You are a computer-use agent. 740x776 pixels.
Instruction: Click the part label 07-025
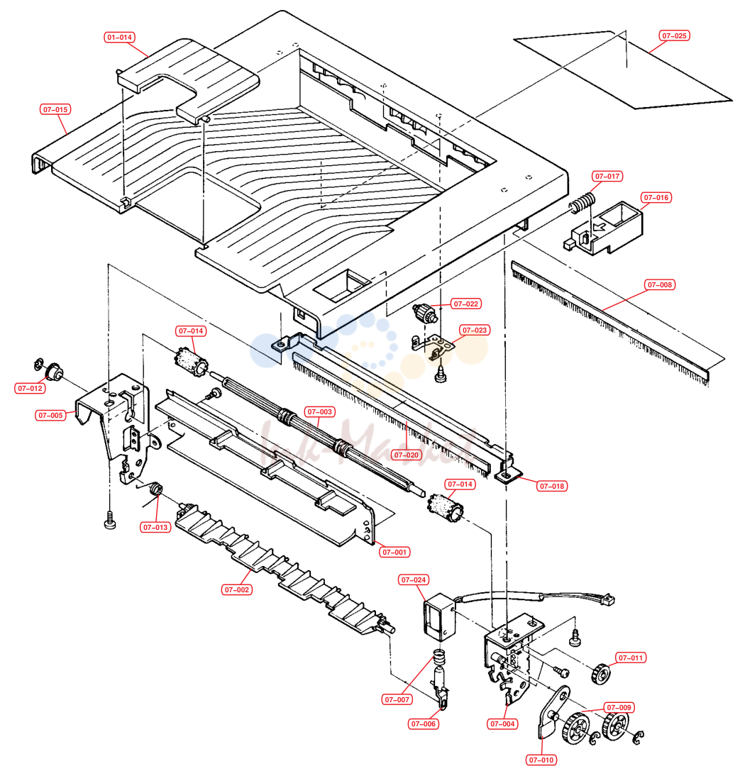point(674,35)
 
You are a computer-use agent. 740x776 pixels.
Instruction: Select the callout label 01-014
point(120,37)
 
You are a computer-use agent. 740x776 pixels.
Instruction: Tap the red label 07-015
point(55,109)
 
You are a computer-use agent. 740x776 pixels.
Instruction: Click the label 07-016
point(656,197)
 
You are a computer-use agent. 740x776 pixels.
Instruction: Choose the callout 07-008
point(660,284)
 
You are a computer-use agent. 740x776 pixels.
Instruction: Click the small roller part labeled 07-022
point(425,313)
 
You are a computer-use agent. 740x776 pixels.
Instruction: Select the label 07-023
point(474,330)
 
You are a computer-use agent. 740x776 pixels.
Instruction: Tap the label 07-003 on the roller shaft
point(320,411)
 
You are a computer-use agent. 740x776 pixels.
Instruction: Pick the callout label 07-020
point(407,455)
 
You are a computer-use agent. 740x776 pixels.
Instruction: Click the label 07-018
point(552,486)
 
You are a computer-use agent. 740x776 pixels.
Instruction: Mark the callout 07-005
point(50,415)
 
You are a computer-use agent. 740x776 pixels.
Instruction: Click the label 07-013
point(155,528)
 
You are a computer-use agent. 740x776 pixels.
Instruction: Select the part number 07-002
point(236,589)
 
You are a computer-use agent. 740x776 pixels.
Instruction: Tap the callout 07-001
point(394,553)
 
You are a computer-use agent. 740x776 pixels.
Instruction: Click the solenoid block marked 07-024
point(440,617)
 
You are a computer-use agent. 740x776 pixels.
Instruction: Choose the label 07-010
point(541,760)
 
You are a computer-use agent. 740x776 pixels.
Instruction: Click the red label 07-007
point(397,699)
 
